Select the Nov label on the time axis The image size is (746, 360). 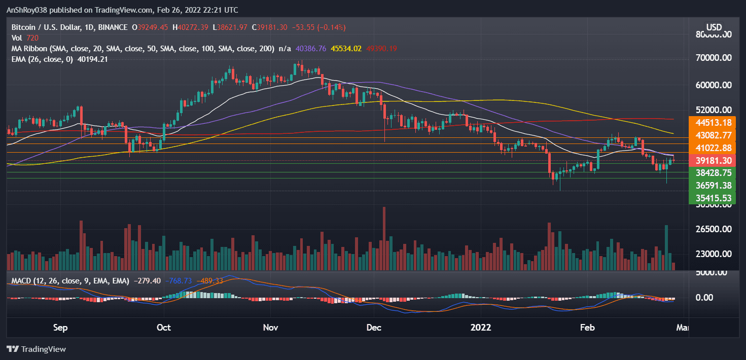point(271,328)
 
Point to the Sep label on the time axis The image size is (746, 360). point(60,328)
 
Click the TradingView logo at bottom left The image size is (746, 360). point(37,349)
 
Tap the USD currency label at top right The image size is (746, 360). point(714,26)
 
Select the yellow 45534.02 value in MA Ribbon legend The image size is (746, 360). point(346,49)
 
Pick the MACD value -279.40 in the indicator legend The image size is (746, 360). point(148,280)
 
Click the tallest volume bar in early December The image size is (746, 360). point(384,238)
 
